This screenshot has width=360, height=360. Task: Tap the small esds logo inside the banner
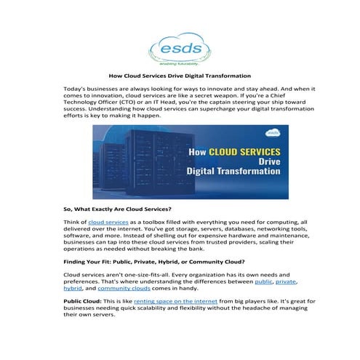[273, 133]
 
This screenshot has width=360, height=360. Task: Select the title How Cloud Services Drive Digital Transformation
[180, 76]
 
